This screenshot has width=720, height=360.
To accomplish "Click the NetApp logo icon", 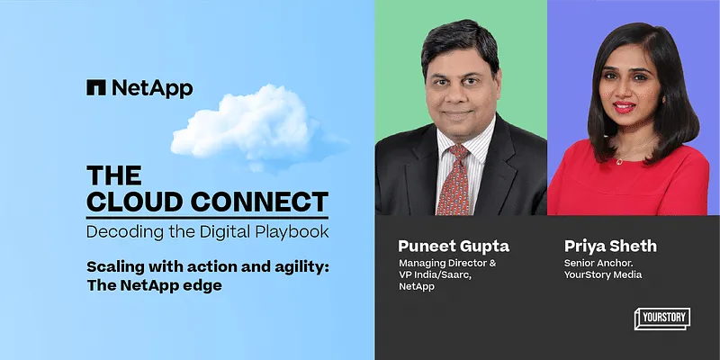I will (x=96, y=87).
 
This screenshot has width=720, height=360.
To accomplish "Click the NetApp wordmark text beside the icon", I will (x=152, y=87).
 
